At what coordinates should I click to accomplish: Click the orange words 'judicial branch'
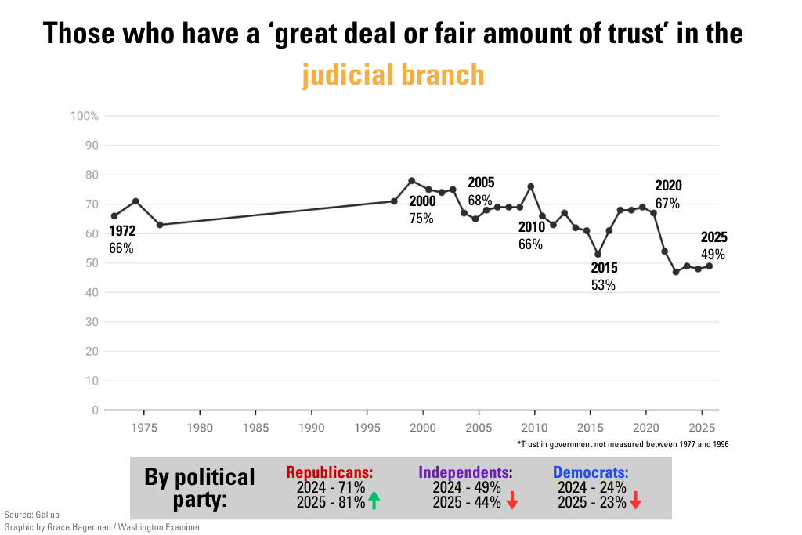point(393,75)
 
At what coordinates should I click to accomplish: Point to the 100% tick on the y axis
point(85,116)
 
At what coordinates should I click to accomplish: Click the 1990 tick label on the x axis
point(312,428)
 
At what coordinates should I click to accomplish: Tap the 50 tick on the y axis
point(91,263)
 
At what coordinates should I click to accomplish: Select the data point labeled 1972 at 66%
point(114,215)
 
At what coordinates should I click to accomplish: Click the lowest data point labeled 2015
point(598,255)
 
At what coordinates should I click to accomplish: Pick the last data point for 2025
point(710,266)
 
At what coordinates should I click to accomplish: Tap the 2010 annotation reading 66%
point(530,236)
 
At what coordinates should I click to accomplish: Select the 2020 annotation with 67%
point(668,194)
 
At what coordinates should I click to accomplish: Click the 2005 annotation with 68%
point(480,191)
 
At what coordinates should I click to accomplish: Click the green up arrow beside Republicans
point(374,501)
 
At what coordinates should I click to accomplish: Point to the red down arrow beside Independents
point(512,501)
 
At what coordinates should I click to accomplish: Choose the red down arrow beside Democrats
point(635,501)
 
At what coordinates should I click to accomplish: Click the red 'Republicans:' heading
point(329,472)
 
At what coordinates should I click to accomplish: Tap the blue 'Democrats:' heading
point(591,472)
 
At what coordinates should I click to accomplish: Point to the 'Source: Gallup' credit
point(31,515)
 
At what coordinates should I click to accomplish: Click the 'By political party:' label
point(200,487)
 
